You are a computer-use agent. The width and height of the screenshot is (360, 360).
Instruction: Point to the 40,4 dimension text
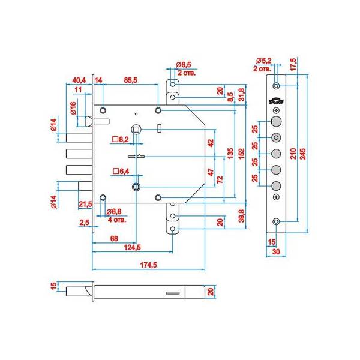point(79,79)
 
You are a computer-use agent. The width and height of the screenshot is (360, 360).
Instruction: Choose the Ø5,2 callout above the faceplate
point(264,61)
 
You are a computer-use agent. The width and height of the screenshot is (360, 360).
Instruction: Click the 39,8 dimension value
point(241,214)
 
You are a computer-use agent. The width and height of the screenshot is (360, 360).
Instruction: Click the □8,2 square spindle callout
point(121,139)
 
